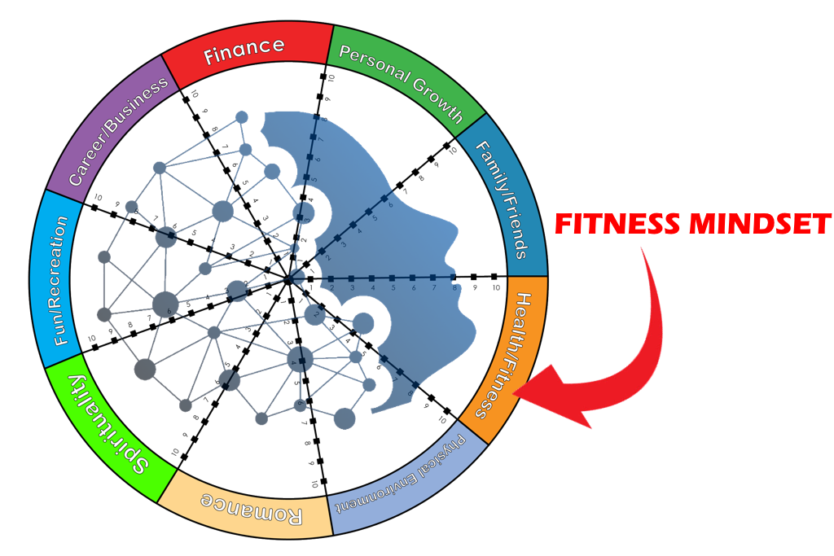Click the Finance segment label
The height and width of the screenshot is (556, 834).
[244, 51]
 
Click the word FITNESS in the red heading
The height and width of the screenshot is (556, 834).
[617, 224]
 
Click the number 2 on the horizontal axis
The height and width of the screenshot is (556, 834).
[331, 288]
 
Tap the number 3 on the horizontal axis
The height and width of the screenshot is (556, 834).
[352, 288]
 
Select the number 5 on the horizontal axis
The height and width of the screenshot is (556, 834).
[393, 288]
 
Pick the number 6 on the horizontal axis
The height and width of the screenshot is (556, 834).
[414, 288]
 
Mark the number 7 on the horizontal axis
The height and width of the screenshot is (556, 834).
[434, 288]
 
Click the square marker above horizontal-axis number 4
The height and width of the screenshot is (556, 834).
[372, 278]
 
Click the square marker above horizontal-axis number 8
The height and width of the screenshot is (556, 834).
[454, 278]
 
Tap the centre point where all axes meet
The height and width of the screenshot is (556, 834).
[291, 278]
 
